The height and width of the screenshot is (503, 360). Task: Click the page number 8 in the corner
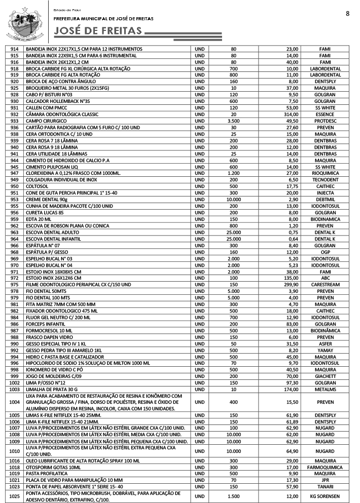point(347,14)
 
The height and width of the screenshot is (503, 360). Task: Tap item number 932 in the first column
point(14,114)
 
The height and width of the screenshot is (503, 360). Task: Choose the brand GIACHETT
point(325,377)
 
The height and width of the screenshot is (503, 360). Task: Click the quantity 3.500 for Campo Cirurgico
point(234,121)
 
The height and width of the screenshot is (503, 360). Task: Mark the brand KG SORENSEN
point(325,496)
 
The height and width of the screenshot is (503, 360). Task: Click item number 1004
point(14,402)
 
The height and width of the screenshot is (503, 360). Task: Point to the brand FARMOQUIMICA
point(325,468)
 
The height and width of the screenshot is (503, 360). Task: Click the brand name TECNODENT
point(325,180)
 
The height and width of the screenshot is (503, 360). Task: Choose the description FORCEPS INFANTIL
point(46,324)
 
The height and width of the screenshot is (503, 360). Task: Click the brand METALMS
point(325,390)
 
